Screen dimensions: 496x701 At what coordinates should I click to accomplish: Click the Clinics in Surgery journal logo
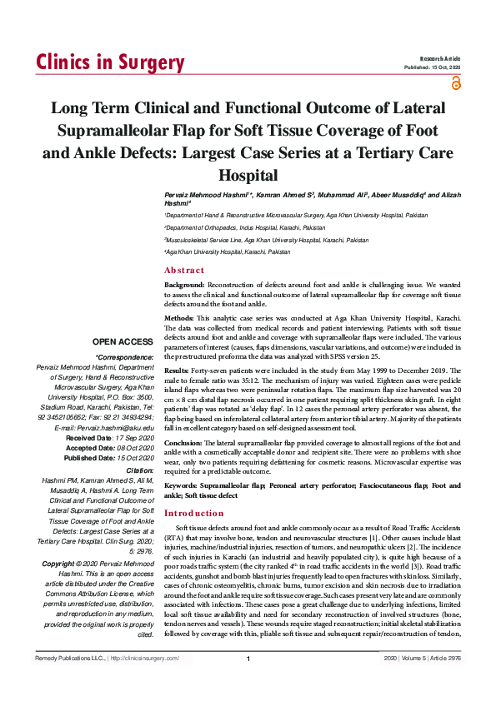pyautogui.click(x=110, y=62)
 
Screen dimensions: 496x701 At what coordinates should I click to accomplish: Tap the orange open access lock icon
pyautogui.click(x=454, y=82)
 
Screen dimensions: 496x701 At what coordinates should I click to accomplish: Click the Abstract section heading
pyautogui.click(x=183, y=270)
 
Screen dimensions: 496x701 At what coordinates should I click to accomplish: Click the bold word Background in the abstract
pyautogui.click(x=186, y=286)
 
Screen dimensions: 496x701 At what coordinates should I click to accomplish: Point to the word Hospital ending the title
pyautogui.click(x=248, y=176)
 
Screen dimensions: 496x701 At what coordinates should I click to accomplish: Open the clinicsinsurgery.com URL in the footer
pyautogui.click(x=146, y=682)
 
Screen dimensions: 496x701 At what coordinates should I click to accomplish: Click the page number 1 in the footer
pyautogui.click(x=248, y=683)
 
